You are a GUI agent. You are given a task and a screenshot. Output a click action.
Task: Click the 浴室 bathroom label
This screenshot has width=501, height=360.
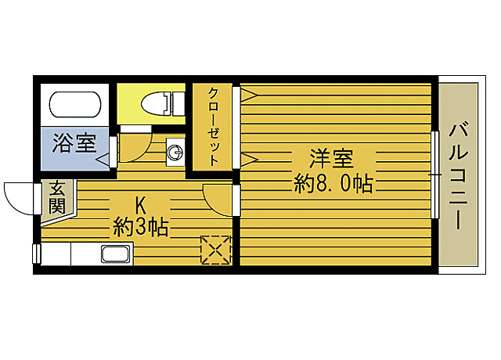click(75, 143)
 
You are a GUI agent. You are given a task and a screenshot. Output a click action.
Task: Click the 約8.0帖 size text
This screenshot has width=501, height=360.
click(333, 184)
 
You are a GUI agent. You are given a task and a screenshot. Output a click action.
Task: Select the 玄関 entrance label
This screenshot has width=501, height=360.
click(57, 197)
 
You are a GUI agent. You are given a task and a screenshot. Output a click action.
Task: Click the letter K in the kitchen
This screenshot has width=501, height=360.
click(142, 206)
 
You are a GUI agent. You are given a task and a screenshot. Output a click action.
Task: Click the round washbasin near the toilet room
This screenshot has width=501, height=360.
click(175, 152)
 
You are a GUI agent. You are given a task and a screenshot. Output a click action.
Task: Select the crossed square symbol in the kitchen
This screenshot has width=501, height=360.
click(216, 250)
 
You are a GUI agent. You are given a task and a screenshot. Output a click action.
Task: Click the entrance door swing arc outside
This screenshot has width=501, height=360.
click(20, 196)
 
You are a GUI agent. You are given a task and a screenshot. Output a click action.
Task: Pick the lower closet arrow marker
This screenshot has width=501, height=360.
click(248, 160)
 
